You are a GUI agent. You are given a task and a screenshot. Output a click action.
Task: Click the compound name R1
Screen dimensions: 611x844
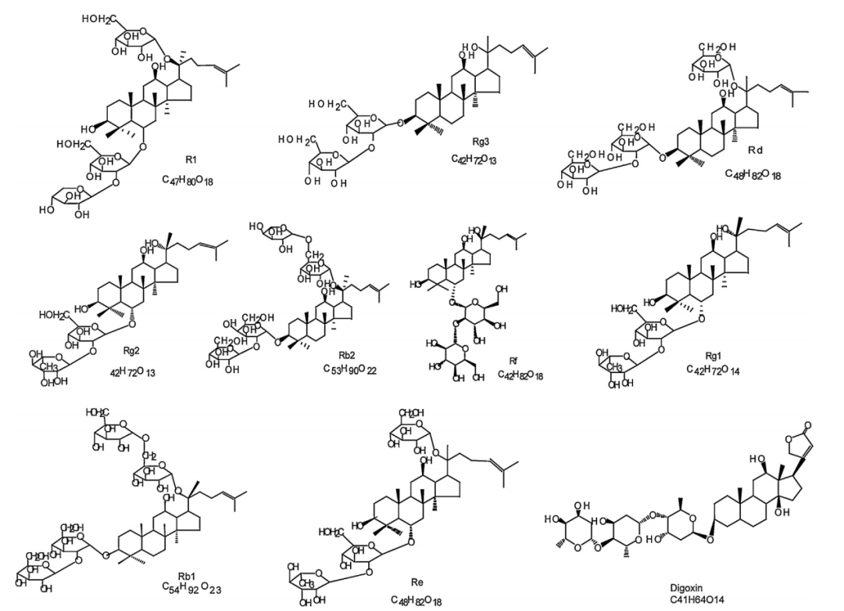click(190, 158)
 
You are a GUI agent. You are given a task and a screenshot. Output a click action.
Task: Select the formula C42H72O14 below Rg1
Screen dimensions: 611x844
click(713, 368)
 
